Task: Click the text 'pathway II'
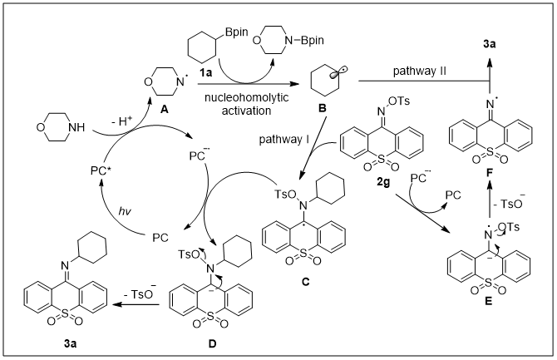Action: pyautogui.click(x=422, y=72)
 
